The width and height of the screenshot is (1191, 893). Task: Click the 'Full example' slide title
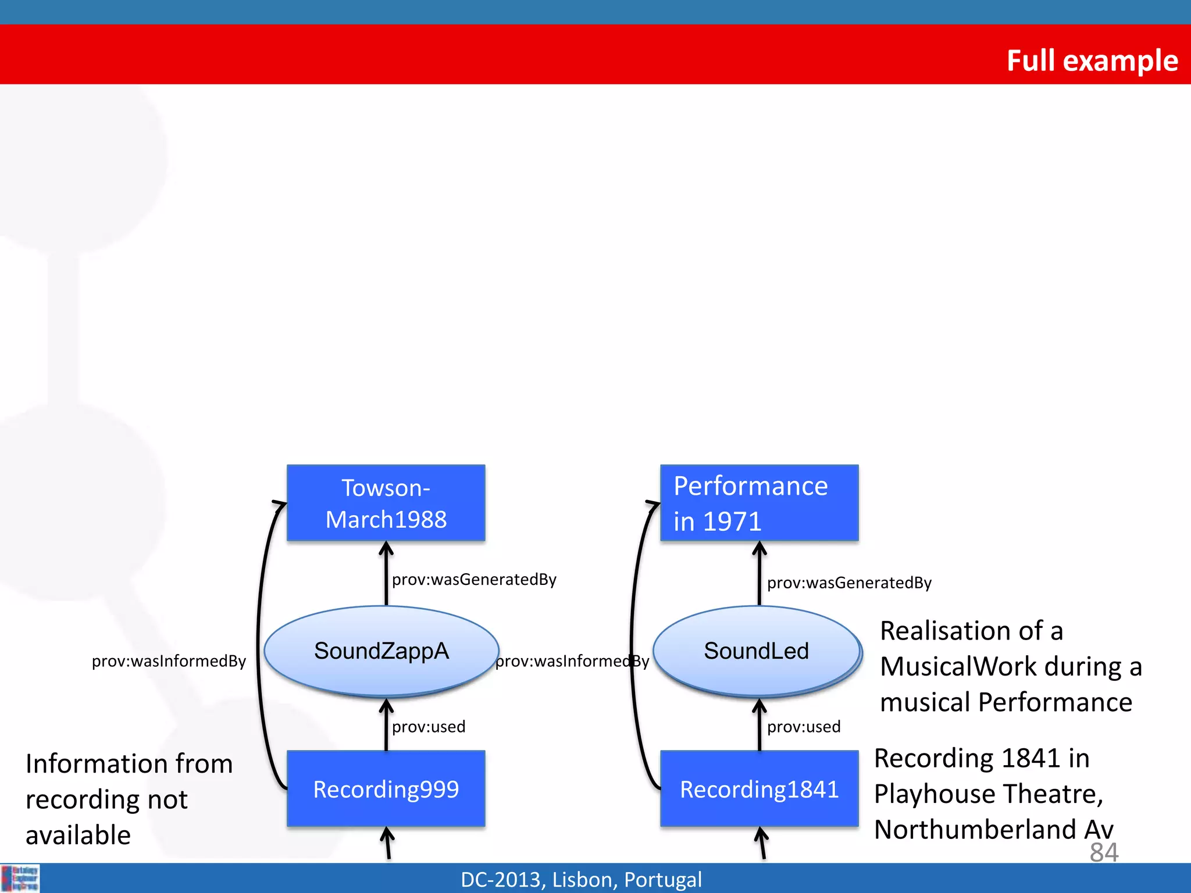(1092, 60)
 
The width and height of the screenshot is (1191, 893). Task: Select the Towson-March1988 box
(386, 503)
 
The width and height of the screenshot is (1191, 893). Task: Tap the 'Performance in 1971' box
(759, 503)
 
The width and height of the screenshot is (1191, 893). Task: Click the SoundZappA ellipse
(381, 651)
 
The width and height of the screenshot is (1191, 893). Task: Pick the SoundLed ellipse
(756, 651)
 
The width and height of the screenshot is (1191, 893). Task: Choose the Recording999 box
(386, 789)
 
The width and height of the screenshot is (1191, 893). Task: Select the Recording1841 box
(759, 789)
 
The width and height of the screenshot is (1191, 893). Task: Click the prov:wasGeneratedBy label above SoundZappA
(474, 580)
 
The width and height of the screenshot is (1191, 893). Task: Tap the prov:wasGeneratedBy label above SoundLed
(849, 583)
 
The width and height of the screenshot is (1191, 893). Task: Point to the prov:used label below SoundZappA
(429, 727)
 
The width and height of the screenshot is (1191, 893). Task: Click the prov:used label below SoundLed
(804, 727)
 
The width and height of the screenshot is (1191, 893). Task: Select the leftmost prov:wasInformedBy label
(169, 662)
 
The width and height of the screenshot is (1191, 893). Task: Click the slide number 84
(1104, 852)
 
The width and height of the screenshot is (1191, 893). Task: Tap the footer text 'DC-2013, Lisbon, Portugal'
(581, 880)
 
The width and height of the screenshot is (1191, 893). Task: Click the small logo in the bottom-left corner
(20, 878)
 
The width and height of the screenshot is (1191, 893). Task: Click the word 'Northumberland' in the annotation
(975, 830)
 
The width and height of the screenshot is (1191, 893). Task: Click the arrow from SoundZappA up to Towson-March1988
(386, 573)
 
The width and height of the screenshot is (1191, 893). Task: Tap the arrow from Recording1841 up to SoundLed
(759, 724)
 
